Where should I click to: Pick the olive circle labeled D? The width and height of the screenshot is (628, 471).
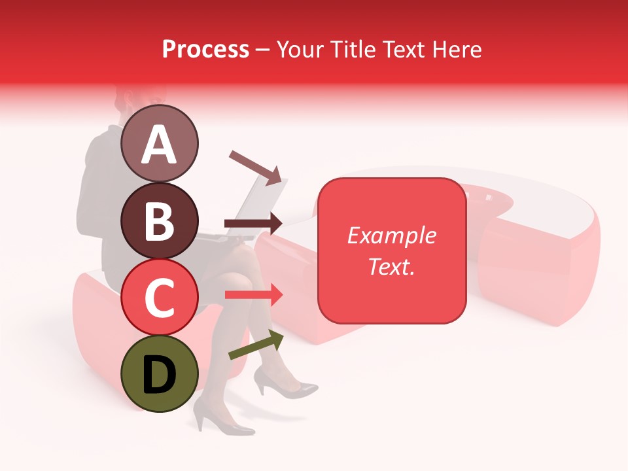click(160, 374)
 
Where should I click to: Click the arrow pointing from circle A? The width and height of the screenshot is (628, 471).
click(255, 167)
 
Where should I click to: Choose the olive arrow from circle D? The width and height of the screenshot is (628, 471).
click(256, 345)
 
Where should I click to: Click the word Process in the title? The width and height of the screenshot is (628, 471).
click(205, 49)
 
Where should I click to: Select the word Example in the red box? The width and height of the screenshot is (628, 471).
click(391, 235)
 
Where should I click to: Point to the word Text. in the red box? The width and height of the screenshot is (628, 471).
click(391, 266)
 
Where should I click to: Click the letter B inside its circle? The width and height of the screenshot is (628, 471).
click(160, 221)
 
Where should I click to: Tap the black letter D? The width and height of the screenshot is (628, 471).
click(160, 375)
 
